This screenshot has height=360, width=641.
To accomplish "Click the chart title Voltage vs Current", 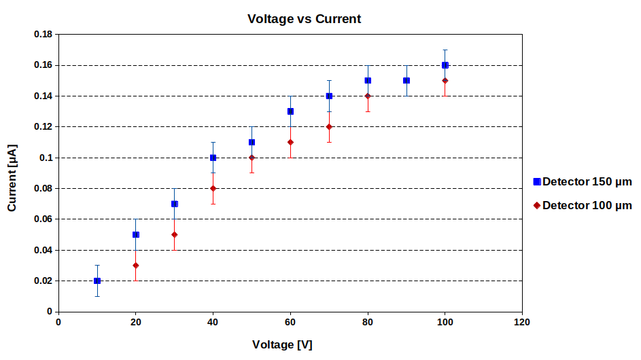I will point(304,19).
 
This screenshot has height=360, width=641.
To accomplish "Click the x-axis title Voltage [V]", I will point(282,344).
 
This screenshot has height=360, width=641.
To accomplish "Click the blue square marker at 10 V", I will point(97,281).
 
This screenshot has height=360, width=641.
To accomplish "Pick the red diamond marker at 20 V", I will point(136,266).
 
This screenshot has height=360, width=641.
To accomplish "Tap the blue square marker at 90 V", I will point(406,80).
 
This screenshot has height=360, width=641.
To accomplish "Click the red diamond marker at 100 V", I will point(445,80).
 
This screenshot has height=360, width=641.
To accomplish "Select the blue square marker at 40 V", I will point(213,158).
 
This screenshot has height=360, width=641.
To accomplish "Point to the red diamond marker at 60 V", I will point(290,142).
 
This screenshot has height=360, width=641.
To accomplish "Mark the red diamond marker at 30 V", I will point(175,235).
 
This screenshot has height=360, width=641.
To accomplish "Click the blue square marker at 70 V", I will point(329,96).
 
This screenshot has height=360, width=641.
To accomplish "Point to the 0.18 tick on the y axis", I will point(44,35).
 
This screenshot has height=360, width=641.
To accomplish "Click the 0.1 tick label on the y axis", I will point(47,158).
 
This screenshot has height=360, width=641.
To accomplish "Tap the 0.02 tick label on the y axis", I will point(44,281).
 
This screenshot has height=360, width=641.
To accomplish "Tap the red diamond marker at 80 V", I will point(368,96).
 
